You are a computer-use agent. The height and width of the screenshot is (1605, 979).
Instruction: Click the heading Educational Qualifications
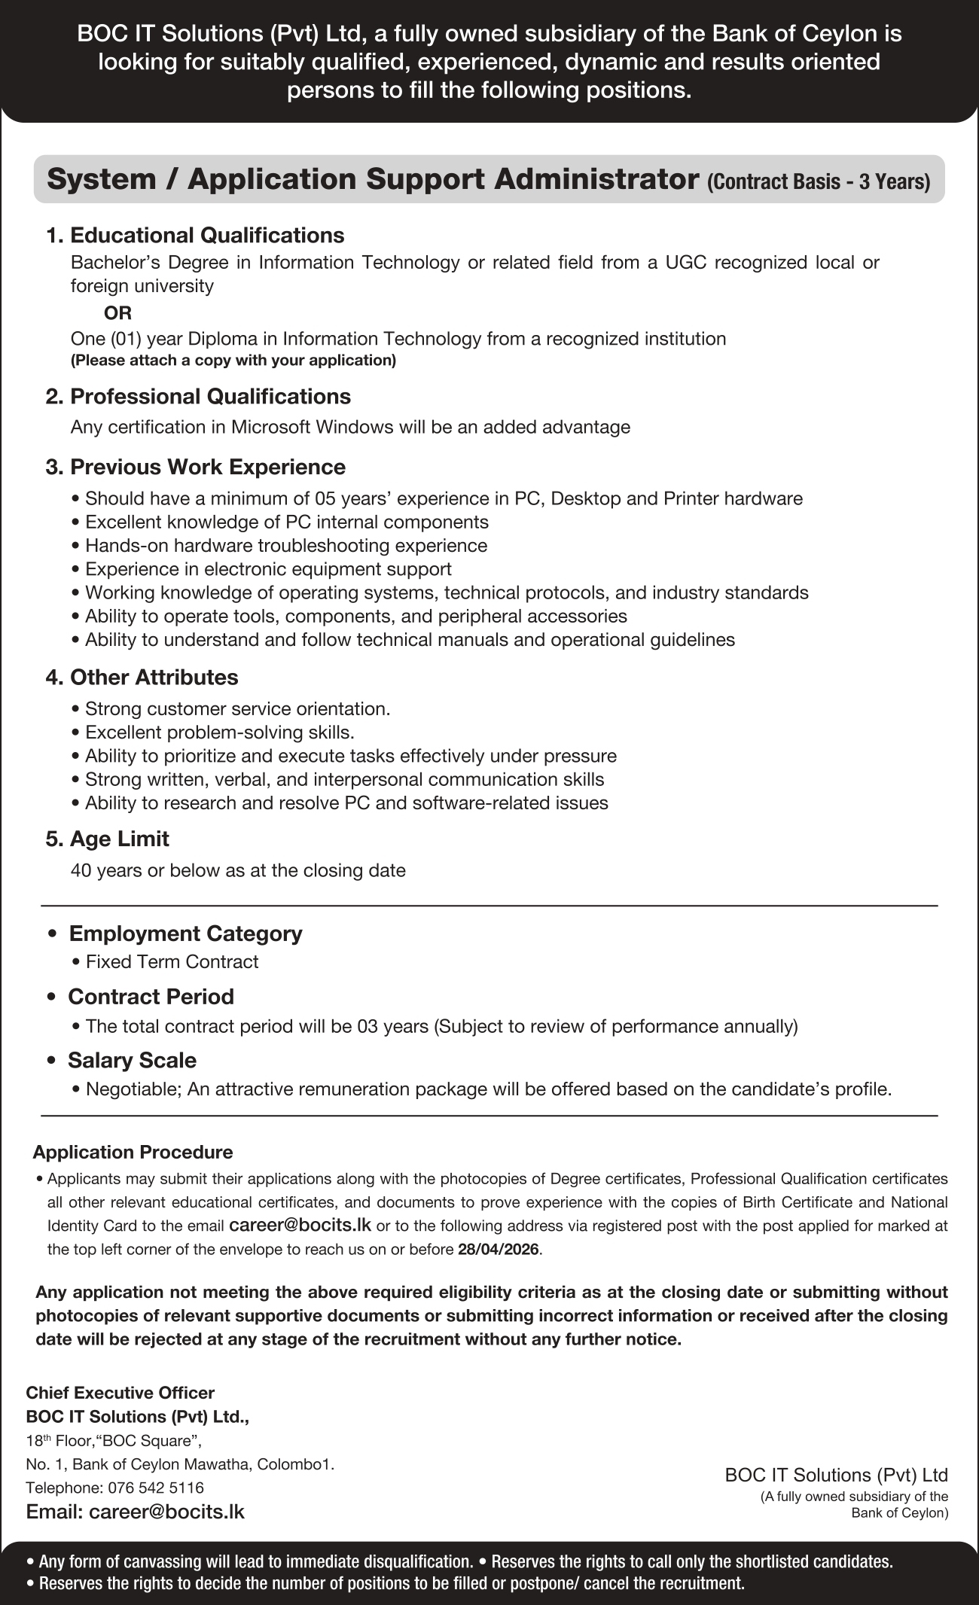point(206,236)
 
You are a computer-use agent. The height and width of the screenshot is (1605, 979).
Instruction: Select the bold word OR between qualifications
point(117,312)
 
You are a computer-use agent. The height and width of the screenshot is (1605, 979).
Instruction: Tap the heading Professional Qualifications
point(210,397)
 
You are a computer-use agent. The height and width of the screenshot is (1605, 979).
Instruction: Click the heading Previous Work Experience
point(207,467)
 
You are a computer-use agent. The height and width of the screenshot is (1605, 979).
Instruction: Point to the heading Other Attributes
point(154,678)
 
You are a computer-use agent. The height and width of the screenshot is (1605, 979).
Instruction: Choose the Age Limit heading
point(119,839)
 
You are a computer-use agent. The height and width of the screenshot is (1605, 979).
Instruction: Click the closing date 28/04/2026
point(498,1250)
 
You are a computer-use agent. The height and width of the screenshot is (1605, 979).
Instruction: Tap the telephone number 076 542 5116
point(156,1488)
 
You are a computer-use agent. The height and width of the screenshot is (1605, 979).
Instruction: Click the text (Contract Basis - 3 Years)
point(819,182)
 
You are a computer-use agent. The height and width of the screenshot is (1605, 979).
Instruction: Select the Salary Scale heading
point(132,1060)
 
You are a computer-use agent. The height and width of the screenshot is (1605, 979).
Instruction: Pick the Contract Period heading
point(151,997)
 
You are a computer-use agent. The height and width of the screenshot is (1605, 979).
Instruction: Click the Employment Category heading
point(185,933)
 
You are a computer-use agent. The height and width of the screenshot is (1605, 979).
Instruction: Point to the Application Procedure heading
point(133,1152)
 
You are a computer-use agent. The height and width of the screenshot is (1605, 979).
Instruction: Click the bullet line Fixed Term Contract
point(172,962)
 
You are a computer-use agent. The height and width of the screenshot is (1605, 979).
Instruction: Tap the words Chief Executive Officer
point(120,1393)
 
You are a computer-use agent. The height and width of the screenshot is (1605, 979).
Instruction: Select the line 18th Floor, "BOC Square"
point(114,1441)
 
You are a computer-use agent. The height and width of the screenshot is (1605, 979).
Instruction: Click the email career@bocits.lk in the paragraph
point(300,1225)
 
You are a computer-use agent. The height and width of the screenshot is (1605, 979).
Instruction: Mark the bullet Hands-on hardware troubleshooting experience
point(286,545)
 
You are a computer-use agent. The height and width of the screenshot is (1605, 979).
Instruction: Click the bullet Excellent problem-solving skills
point(219,732)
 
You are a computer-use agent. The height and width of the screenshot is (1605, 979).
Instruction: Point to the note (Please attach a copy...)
point(233,361)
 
